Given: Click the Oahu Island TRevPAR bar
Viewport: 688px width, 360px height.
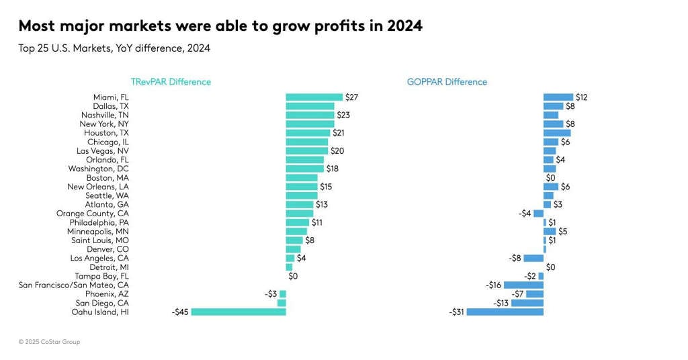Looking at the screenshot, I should coord(239,312).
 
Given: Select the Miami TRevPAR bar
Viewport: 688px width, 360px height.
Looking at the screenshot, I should coord(314,97).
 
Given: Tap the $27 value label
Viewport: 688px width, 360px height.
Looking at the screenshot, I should coord(351,97).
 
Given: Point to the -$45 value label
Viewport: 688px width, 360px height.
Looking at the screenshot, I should coord(180,312).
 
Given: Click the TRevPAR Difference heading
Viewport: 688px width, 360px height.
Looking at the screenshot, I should coord(171,82).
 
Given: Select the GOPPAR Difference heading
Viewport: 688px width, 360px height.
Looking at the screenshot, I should coord(447,82).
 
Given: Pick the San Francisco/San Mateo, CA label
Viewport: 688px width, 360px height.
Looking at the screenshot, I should coord(73,285).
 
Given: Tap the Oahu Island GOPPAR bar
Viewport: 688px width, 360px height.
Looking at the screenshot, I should coord(505,312).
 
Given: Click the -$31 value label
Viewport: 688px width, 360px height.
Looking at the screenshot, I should coord(457,312).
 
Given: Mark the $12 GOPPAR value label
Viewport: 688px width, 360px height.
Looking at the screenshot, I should coord(582,97).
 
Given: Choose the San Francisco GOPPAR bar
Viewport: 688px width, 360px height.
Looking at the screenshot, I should coord(523,285).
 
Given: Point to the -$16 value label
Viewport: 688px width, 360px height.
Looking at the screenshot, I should coord(494,285).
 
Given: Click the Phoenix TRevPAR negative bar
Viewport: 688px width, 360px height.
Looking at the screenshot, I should coord(283,294).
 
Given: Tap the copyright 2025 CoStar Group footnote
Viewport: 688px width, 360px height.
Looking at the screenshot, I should coord(49,342).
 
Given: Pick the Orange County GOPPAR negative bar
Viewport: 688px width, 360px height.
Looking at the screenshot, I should coord(539,214).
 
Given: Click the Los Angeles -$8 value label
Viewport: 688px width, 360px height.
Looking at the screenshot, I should coord(515,258).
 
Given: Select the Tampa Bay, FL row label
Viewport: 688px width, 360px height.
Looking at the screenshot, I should coord(101,276).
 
